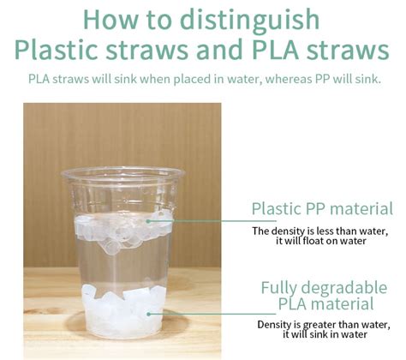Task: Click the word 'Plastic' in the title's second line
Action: click(x=57, y=51)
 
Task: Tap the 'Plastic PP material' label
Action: click(x=322, y=208)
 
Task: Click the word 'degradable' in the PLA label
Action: click(x=344, y=288)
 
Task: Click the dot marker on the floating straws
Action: click(x=148, y=221)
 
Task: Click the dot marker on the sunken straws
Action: click(x=148, y=314)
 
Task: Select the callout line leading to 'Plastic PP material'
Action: click(x=212, y=221)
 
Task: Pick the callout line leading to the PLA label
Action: click(x=212, y=314)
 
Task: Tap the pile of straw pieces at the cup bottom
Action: click(x=123, y=310)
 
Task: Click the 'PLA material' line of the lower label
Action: click(x=325, y=303)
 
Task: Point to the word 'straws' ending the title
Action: click(x=348, y=51)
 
